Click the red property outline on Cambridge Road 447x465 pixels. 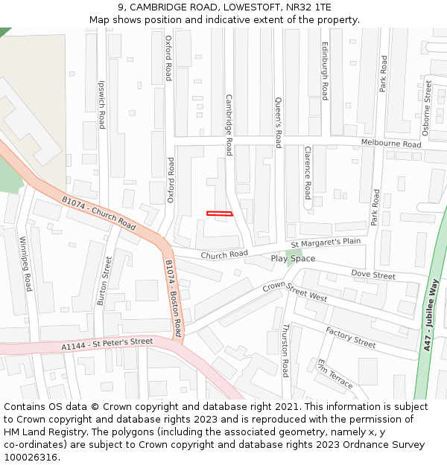tap(220, 214)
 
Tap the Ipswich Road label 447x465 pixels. tap(102, 105)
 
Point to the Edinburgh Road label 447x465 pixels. tap(325, 71)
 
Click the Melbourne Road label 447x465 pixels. tap(391, 143)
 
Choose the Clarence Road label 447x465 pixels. tap(307, 173)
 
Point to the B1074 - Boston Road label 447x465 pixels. tap(174, 298)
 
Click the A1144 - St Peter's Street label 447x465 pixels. tap(107, 344)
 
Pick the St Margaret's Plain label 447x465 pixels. tap(326, 243)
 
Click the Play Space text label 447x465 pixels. tap(293, 259)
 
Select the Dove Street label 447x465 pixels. tap(372, 275)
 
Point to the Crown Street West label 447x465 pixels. tap(295, 291)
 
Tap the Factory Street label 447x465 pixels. tap(350, 338)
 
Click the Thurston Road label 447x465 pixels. tap(285, 350)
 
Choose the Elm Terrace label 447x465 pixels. tap(335, 374)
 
